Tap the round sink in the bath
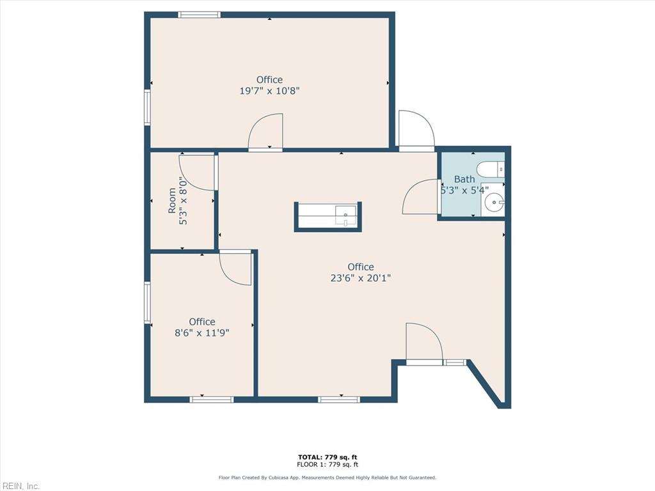coord(494,204)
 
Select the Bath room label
coord(464,179)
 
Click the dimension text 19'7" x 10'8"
coord(269,91)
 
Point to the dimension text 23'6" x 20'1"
coord(361,277)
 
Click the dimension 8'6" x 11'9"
coord(201,332)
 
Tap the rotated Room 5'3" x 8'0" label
coord(177,201)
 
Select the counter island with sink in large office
coord(327,216)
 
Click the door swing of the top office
coord(266,132)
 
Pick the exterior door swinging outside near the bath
coord(415,130)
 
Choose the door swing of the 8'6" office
coord(236,268)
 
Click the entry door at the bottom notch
coord(423,344)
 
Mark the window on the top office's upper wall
coord(199,15)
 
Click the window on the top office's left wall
coord(147,107)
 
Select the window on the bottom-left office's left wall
coord(147,303)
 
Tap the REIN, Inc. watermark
coord(20,486)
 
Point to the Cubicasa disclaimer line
coord(327,478)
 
